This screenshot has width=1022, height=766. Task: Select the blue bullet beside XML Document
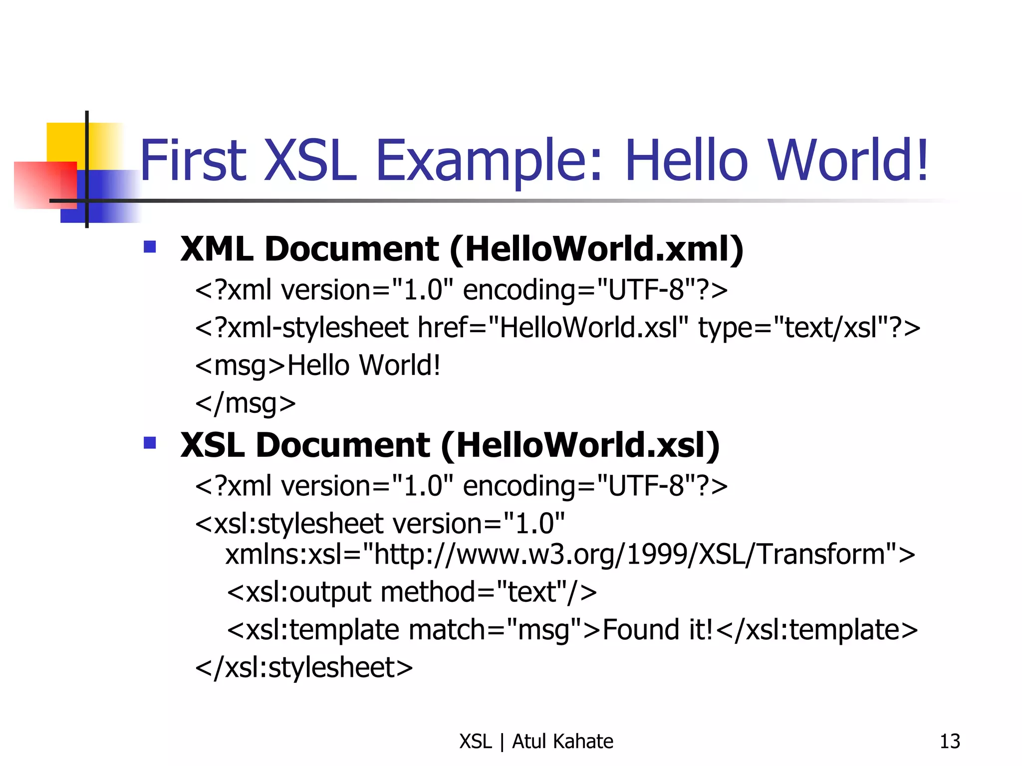click(150, 247)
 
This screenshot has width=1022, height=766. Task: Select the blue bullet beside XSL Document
click(150, 443)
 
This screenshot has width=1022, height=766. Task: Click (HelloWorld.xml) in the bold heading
click(596, 249)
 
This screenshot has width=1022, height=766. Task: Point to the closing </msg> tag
click(246, 403)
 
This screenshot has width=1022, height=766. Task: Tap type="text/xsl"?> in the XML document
click(809, 328)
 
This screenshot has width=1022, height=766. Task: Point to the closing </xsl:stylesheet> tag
click(304, 667)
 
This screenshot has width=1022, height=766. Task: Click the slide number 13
click(949, 742)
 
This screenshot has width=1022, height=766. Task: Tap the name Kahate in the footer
click(583, 742)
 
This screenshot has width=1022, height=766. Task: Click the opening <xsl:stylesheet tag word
click(289, 524)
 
